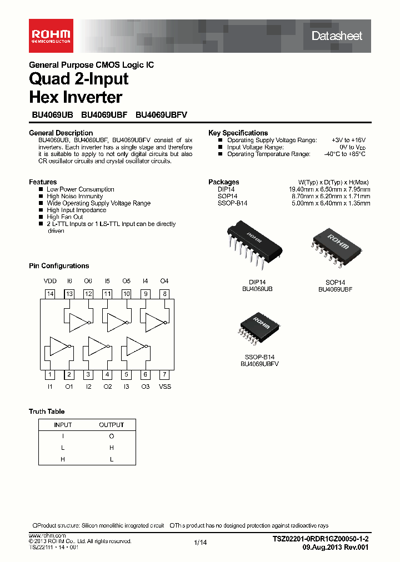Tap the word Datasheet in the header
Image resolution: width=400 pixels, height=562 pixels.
click(337, 36)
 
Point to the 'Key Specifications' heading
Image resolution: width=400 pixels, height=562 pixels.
click(238, 133)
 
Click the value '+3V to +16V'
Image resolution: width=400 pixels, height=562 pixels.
click(348, 140)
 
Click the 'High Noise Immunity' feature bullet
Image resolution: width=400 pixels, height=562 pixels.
click(74, 196)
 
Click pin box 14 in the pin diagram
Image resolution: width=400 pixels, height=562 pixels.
click(50, 294)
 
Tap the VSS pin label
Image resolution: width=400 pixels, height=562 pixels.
click(165, 386)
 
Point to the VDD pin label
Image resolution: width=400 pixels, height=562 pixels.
click(50, 281)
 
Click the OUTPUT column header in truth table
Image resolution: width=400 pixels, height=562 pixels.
click(111, 425)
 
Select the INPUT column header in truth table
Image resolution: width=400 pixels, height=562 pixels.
click(62, 425)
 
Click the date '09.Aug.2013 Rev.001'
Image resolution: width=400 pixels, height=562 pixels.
click(335, 547)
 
